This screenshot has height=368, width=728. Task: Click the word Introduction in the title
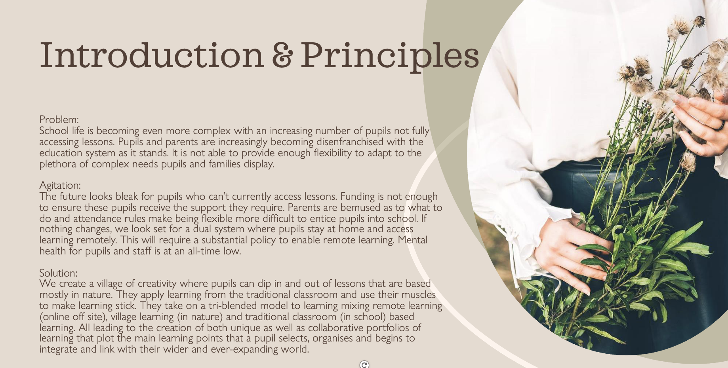pyautogui.click(x=152, y=55)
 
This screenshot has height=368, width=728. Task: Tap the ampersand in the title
pyautogui.click(x=282, y=55)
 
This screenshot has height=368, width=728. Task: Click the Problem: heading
pyautogui.click(x=59, y=120)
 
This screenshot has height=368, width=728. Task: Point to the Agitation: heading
pyautogui.click(x=60, y=186)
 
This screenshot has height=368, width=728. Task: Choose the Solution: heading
pyautogui.click(x=58, y=273)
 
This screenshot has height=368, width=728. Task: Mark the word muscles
pyautogui.click(x=419, y=295)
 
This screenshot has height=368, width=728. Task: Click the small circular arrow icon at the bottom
pyautogui.click(x=364, y=364)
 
